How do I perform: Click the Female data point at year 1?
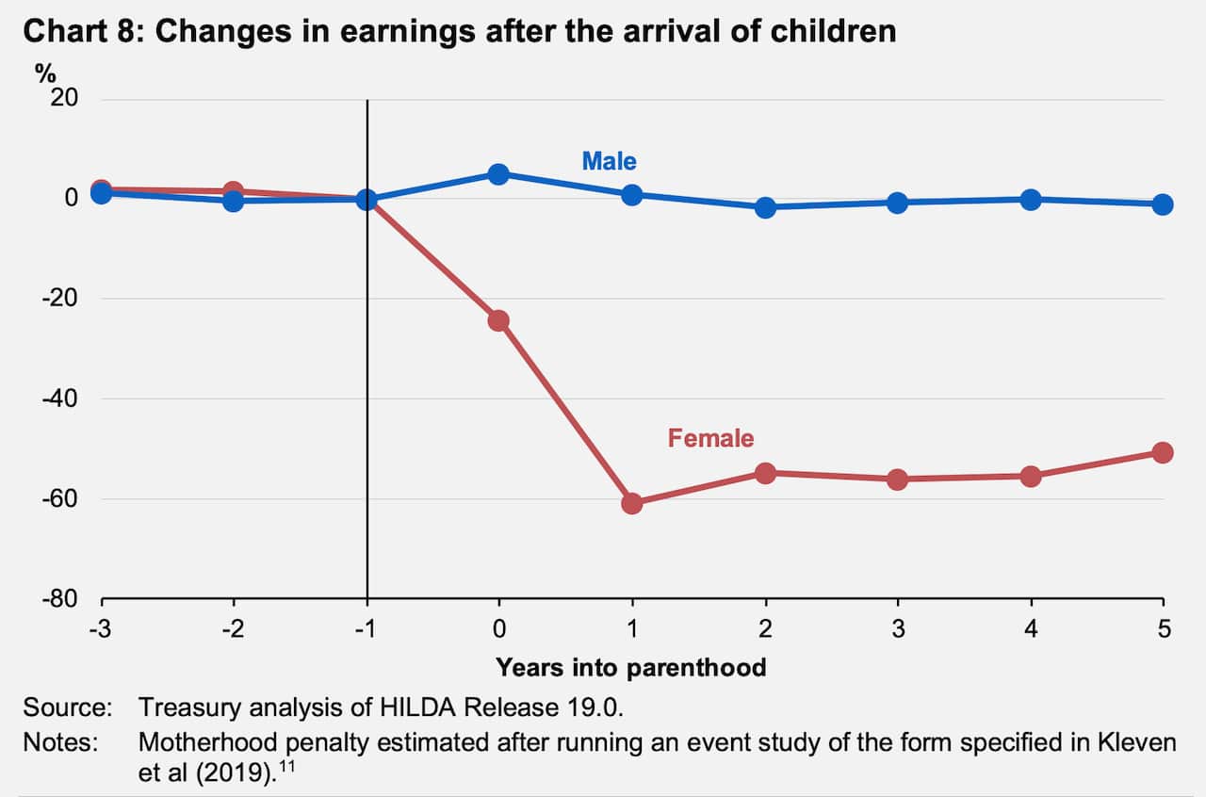[x=632, y=503]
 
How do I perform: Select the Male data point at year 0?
[x=499, y=174]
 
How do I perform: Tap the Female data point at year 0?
[x=499, y=320]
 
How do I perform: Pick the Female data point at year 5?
[x=1163, y=453]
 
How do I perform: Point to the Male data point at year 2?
[x=765, y=207]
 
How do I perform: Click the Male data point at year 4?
[x=1031, y=200]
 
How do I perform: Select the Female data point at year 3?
[x=898, y=479]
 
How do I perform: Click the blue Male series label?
[x=609, y=161]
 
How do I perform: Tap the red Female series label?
[x=710, y=438]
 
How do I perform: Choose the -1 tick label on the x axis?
[x=367, y=629]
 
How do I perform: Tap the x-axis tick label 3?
[x=898, y=629]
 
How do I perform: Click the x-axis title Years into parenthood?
[x=631, y=668]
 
